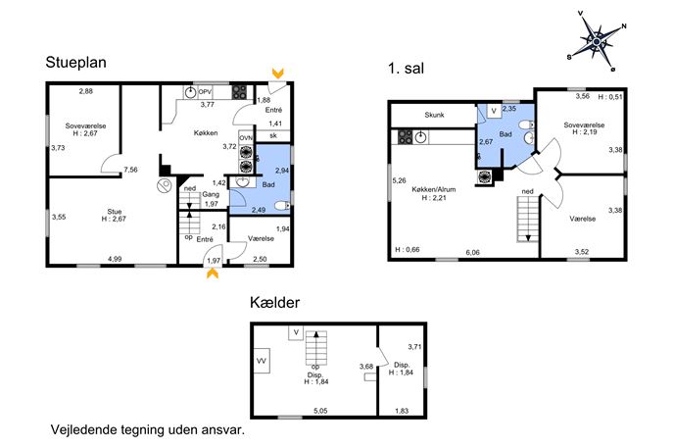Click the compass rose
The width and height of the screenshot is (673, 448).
pyautogui.click(x=597, y=41)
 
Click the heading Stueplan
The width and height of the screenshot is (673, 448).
pyautogui.click(x=76, y=63)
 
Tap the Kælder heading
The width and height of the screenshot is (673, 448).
pyautogui.click(x=274, y=302)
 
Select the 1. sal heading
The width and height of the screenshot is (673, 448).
pyautogui.click(x=406, y=68)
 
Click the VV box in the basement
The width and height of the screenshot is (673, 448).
pyautogui.click(x=262, y=361)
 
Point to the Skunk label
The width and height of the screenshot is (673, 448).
pyautogui.click(x=434, y=115)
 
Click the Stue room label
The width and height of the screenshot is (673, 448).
pyautogui.click(x=115, y=212)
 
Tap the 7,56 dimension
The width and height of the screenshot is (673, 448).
pyautogui.click(x=130, y=170)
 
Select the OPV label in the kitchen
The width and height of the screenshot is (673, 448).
pyautogui.click(x=205, y=91)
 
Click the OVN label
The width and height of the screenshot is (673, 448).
pyautogui.click(x=246, y=138)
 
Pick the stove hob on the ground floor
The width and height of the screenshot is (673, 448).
pyautogui.click(x=239, y=92)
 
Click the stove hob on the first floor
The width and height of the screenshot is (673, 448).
pyautogui.click(x=406, y=137)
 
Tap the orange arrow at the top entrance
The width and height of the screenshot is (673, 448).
pyautogui.click(x=277, y=73)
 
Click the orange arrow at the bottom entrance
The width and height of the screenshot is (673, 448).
pyautogui.click(x=213, y=274)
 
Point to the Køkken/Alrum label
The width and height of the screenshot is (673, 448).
pyautogui.click(x=434, y=189)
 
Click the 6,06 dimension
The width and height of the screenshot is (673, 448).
pyautogui.click(x=472, y=253)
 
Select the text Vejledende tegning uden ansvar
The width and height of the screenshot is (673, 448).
pyautogui.click(x=148, y=430)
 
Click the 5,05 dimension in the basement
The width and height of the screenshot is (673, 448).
pyautogui.click(x=320, y=411)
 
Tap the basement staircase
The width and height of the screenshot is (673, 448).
pyautogui.click(x=316, y=347)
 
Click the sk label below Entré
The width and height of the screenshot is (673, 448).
pyautogui.click(x=273, y=135)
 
